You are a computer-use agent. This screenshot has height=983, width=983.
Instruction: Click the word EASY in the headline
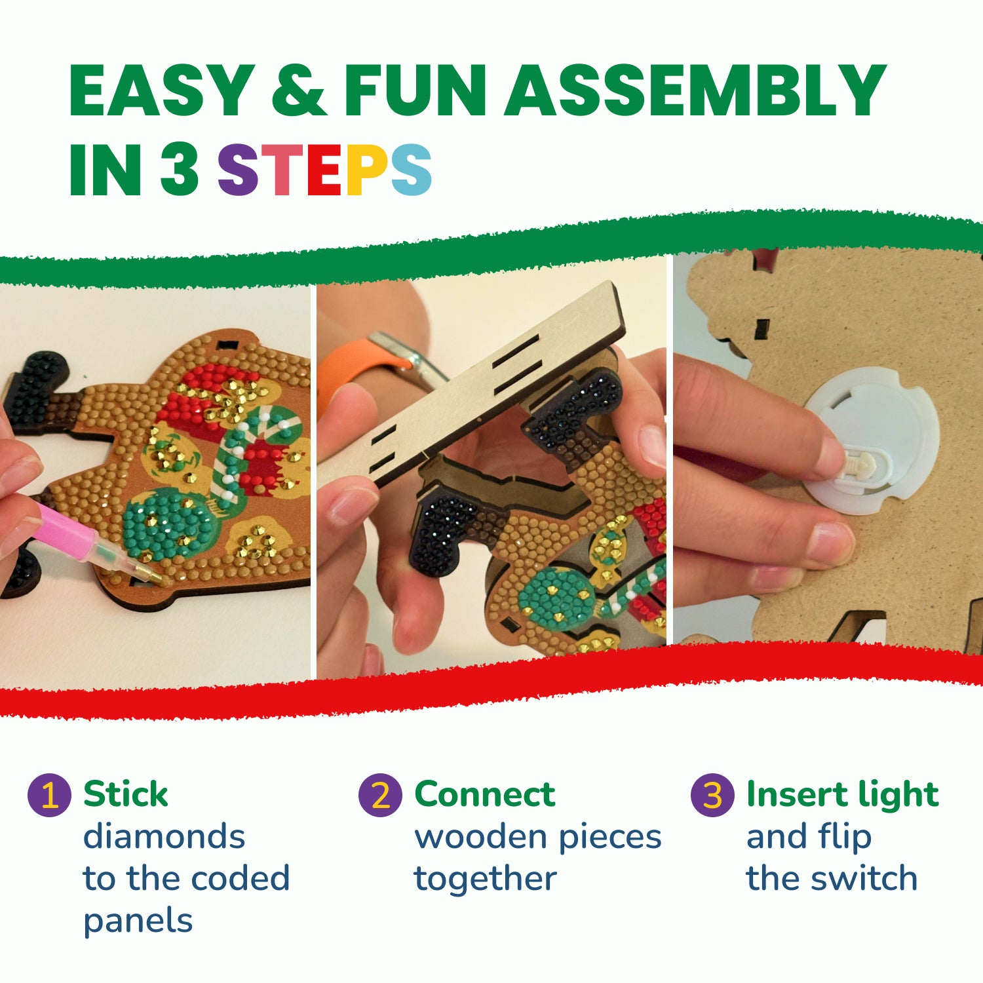pos(161,90)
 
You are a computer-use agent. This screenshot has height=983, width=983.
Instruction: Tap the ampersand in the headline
pos(299,90)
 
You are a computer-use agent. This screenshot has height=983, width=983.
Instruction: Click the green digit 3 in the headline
pos(180,169)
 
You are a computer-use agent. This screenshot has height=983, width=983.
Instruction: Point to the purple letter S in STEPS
pos(238,169)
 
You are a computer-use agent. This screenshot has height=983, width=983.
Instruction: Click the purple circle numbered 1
pos(49,795)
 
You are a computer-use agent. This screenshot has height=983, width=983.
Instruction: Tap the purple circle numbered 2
pos(380,795)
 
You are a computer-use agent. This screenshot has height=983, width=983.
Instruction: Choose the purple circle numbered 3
pos(712,795)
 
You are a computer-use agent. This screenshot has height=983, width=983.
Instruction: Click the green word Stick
pos(125,794)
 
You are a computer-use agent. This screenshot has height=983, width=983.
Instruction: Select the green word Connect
pos(485,794)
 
